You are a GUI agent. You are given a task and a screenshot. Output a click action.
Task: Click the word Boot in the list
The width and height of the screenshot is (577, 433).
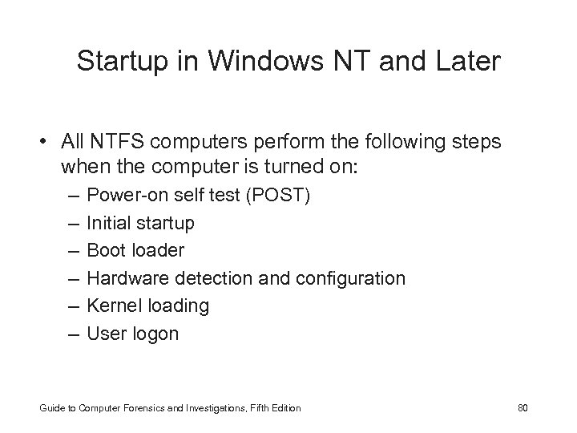click(105, 250)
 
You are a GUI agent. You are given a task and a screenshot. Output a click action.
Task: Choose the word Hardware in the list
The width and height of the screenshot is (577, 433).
click(124, 278)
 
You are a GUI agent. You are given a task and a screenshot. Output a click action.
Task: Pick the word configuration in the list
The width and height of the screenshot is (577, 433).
click(351, 278)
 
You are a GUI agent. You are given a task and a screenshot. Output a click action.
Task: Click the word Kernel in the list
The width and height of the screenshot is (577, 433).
click(112, 306)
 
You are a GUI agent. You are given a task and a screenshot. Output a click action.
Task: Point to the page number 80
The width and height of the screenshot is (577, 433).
click(523, 408)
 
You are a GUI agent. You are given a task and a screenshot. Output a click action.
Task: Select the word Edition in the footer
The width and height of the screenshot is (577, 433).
click(284, 408)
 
